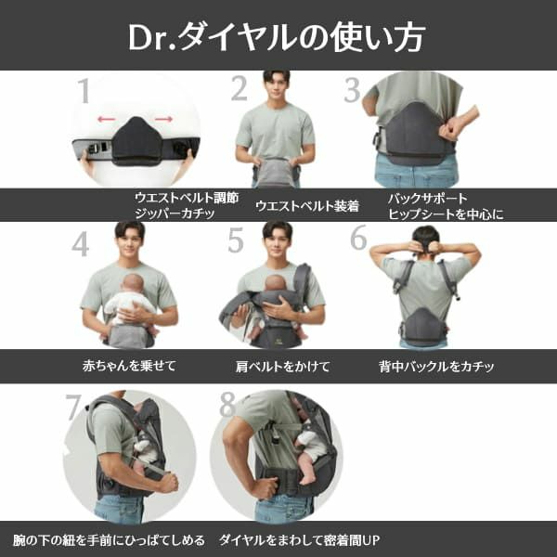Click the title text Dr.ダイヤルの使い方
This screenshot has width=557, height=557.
(x=278, y=36)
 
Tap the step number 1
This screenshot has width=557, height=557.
(x=84, y=91)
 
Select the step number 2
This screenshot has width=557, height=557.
(x=240, y=89)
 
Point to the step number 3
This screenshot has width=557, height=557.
(x=352, y=90)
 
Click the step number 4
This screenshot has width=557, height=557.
(x=81, y=243)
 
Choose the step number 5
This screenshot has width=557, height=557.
(x=236, y=240)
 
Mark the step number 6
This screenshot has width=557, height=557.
(x=358, y=238)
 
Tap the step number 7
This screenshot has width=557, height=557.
(x=73, y=408)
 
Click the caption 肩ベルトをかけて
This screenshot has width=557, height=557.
(x=283, y=366)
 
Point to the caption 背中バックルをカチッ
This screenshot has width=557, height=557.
(x=436, y=366)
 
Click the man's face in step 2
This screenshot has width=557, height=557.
(x=276, y=88)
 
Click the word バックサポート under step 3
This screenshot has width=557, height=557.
(x=427, y=199)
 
